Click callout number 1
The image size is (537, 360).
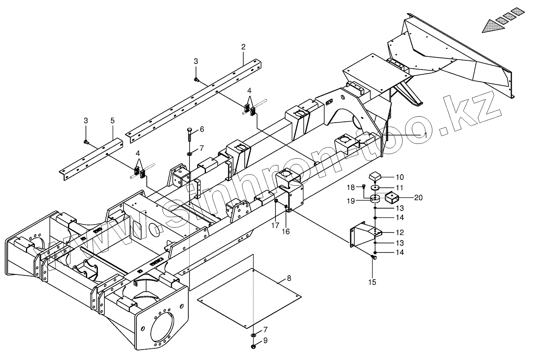(x=426, y=135)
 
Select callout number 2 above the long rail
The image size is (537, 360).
(x=243, y=47)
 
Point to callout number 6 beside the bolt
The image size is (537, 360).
(x=202, y=129)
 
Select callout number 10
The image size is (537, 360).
(x=400, y=177)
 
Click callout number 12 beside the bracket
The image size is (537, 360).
(x=400, y=232)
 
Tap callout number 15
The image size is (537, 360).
(x=372, y=282)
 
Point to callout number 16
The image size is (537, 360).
(x=286, y=231)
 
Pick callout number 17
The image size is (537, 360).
(x=276, y=225)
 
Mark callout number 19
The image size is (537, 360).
(x=351, y=201)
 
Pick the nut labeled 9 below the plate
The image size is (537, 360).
(x=254, y=346)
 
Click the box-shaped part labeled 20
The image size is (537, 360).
(x=392, y=197)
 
